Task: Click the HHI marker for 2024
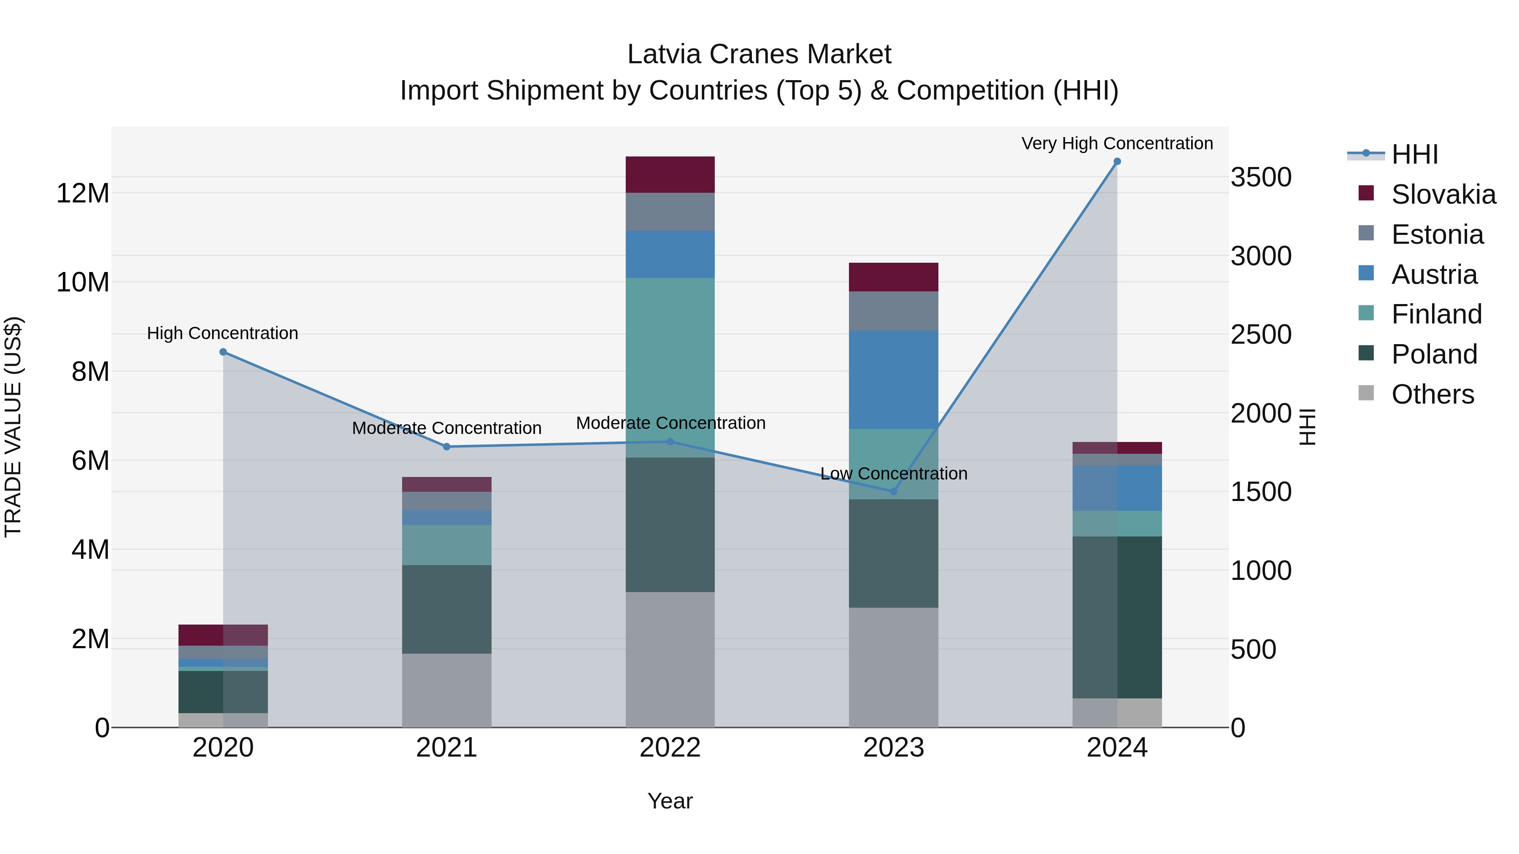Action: (1117, 162)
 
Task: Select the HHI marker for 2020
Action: (223, 352)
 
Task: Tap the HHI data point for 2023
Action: (893, 492)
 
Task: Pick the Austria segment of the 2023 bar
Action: (893, 380)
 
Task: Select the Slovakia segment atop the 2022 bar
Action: (670, 175)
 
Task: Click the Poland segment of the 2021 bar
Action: (446, 609)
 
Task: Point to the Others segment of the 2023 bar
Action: (893, 667)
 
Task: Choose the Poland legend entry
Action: (1434, 354)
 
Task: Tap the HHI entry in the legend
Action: (1414, 154)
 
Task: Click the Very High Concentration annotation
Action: (1117, 143)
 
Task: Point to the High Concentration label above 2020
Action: (222, 333)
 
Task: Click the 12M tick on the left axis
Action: (83, 193)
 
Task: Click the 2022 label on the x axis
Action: (670, 748)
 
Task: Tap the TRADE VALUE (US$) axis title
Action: (14, 427)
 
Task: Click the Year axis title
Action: (670, 801)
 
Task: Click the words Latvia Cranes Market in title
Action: (759, 54)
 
